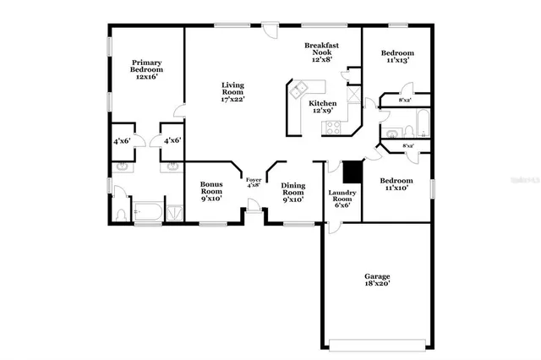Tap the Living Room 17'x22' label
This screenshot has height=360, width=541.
click(232, 92)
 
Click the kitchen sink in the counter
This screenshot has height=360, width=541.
click(298, 90)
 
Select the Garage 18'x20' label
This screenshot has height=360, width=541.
click(377, 281)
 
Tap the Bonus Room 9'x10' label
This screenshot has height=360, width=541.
click(210, 193)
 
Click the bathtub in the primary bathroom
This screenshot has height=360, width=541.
click(149, 210)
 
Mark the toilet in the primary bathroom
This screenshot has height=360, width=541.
click(120, 212)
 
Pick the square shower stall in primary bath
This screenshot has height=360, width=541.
click(174, 210)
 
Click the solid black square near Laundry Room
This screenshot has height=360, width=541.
click(352, 170)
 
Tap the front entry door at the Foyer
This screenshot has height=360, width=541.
click(252, 207)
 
